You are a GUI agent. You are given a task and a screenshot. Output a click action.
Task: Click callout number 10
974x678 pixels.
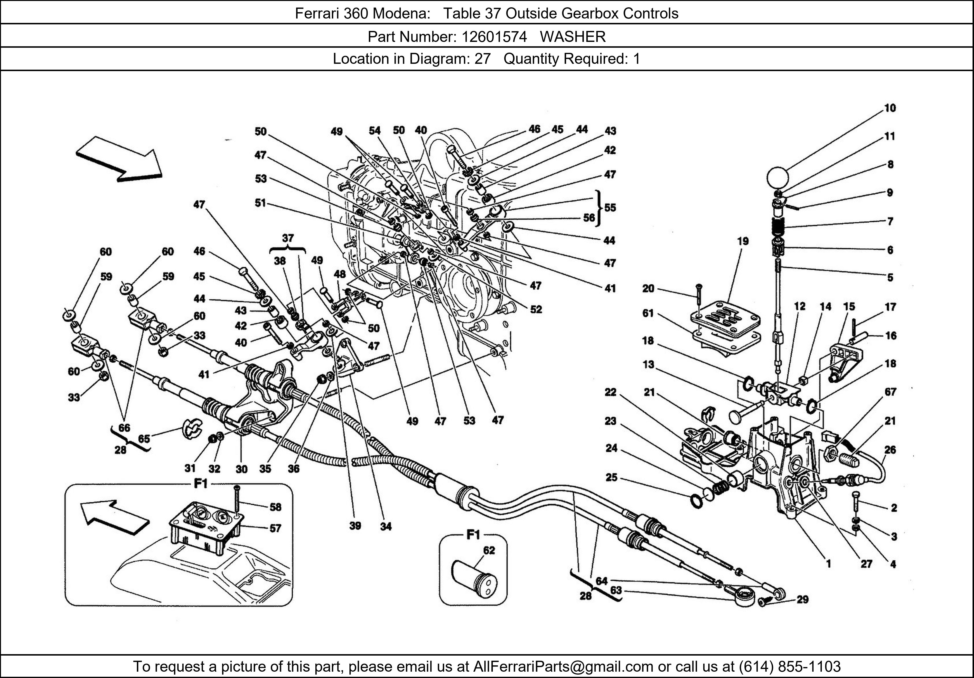click(890, 108)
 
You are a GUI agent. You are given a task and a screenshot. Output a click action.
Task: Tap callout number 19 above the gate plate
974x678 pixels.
click(742, 241)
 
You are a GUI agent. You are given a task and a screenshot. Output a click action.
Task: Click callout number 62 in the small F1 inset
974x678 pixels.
click(489, 550)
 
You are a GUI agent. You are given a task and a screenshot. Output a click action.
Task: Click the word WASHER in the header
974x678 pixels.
click(573, 37)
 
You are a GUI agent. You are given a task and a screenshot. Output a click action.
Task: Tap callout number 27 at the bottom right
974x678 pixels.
click(866, 564)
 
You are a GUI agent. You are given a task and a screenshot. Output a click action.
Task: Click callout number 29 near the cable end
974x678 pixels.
click(802, 600)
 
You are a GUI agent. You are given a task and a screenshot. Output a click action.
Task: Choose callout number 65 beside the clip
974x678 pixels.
click(144, 438)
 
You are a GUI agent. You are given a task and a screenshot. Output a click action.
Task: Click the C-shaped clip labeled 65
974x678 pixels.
click(192, 429)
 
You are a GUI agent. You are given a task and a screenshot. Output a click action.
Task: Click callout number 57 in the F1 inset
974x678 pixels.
click(275, 528)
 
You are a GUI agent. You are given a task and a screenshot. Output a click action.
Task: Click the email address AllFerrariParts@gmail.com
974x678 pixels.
click(563, 667)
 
